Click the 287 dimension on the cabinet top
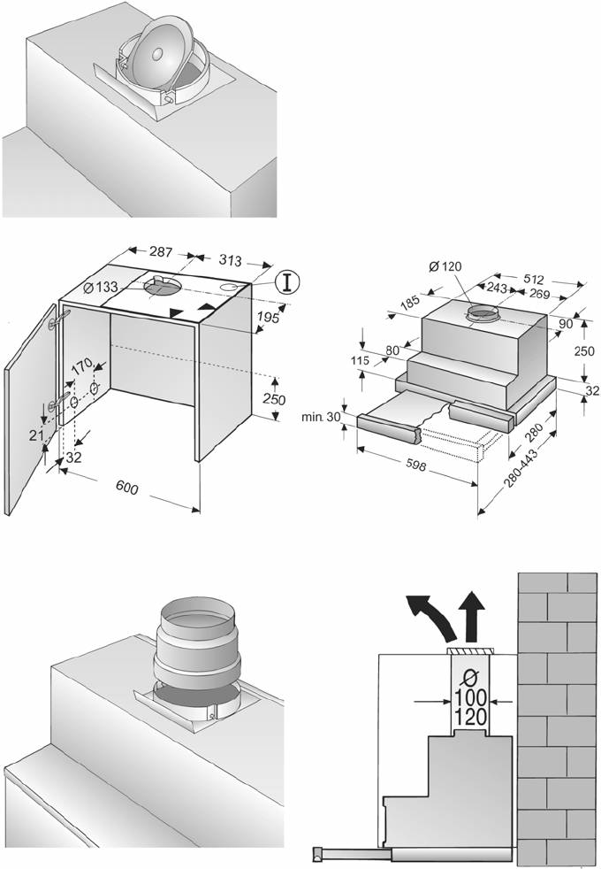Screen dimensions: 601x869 [x=161, y=251]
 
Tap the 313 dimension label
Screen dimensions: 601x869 [x=230, y=259]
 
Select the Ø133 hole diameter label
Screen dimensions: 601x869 [x=101, y=287]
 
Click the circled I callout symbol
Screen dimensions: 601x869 [x=286, y=281]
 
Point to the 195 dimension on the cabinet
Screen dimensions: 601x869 [x=268, y=317]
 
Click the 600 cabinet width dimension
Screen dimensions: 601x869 [x=127, y=487]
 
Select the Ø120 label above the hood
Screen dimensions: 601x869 [x=445, y=266]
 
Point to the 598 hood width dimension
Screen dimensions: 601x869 [x=415, y=465]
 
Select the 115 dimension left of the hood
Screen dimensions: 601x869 [x=360, y=361]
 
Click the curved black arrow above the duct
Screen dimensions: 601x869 [x=432, y=618]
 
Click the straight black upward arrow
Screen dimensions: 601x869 [x=473, y=617]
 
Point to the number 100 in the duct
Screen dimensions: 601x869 [x=471, y=697]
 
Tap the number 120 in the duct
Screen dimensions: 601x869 [x=471, y=717]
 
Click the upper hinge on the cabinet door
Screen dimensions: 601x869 [x=59, y=319]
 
